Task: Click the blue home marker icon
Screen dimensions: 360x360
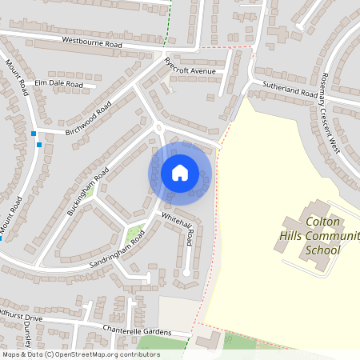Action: (x=179, y=172)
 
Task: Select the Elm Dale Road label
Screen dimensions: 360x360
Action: (x=59, y=83)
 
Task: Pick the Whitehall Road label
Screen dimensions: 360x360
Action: (x=178, y=230)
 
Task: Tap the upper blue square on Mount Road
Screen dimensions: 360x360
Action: (x=33, y=133)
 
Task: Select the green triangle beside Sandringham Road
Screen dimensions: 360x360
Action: (x=134, y=234)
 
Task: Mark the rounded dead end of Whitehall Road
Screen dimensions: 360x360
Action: (x=187, y=273)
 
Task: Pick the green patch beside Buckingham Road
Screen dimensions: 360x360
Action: (x=89, y=191)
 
